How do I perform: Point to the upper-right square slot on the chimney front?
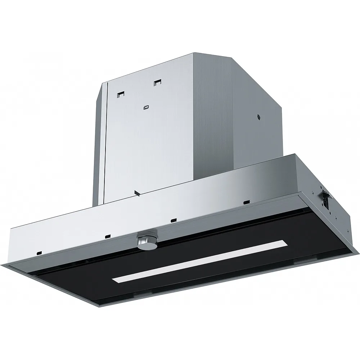tap(157, 83)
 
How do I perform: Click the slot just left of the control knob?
tap(108, 236)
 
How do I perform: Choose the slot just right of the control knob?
tap(173, 220)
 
